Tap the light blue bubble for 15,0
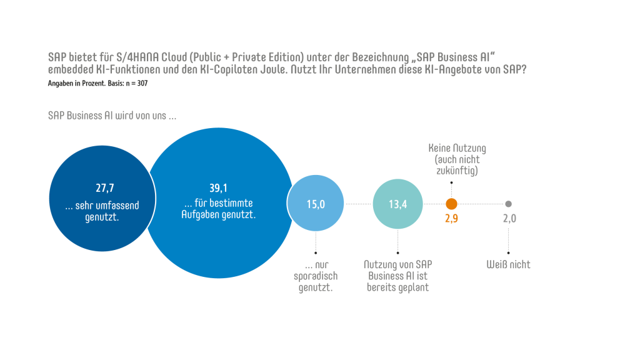[315, 204]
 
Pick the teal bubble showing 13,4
[398, 204]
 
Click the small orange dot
[451, 204]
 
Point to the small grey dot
[508, 204]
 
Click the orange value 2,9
[451, 219]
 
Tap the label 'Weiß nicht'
[508, 264]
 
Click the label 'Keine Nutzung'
[457, 149]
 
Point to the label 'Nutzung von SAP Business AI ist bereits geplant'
[398, 276]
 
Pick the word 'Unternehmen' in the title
[358, 70]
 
